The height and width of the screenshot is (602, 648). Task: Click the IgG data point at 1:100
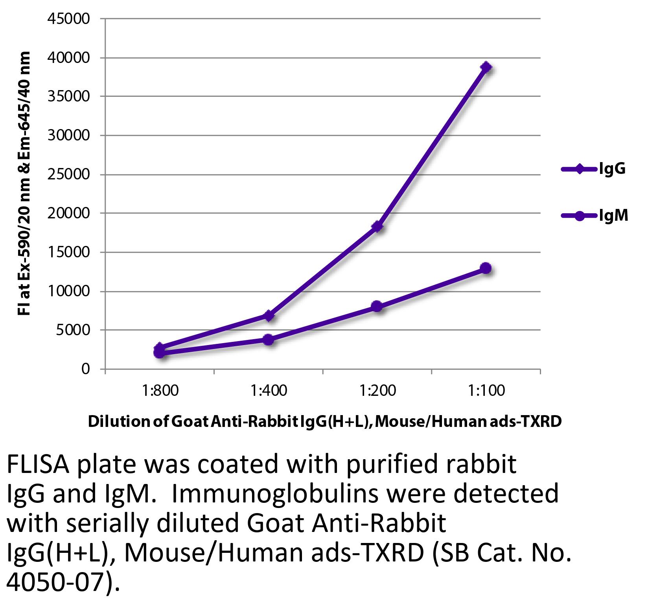pos(486,67)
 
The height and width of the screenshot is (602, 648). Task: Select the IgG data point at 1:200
pos(377,226)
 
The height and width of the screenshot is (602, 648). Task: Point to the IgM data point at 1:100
pos(486,268)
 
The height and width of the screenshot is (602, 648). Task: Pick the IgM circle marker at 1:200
pos(377,306)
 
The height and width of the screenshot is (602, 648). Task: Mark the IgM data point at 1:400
pos(269,339)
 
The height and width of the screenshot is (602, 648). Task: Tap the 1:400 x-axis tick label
pos(269,391)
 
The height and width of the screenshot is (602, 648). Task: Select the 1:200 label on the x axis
pos(377,391)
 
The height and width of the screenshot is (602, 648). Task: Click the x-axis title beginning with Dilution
pos(324,421)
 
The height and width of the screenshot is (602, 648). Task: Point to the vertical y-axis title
pos(24,183)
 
